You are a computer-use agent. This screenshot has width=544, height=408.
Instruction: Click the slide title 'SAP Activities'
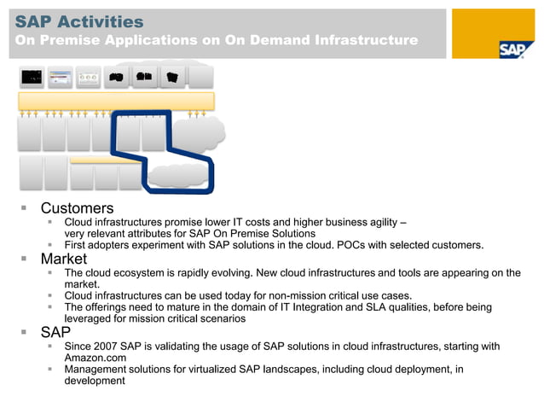tap(79, 21)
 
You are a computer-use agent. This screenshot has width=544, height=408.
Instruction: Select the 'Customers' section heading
tap(77, 207)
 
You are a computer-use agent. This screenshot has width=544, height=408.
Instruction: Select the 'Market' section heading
tap(64, 259)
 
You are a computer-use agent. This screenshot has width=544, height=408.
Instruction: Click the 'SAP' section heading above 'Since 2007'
tap(56, 331)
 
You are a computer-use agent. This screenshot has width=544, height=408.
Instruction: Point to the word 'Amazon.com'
tap(96, 358)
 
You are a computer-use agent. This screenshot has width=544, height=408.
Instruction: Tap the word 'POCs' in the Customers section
tap(353, 245)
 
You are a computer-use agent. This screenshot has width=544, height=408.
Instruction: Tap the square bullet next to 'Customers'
tap(25, 207)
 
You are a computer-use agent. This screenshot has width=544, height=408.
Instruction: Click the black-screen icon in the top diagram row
tap(32, 77)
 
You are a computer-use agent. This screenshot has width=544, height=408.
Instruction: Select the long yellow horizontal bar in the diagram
tap(116, 101)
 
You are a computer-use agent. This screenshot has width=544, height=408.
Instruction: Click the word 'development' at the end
tap(95, 381)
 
